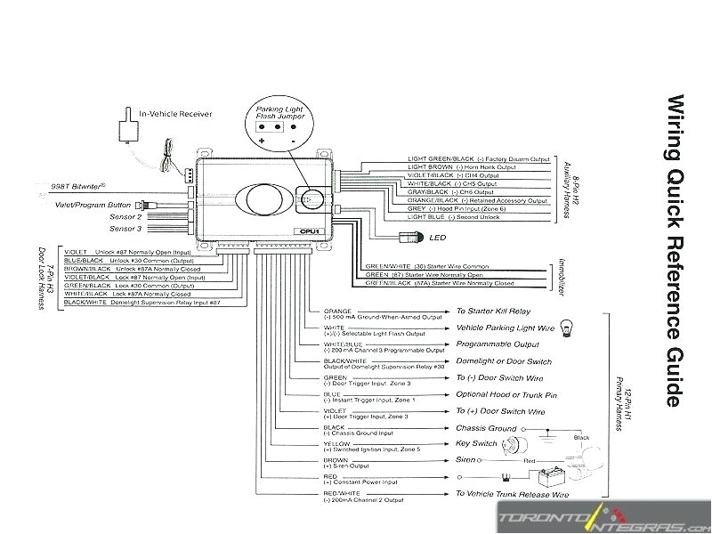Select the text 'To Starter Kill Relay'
493,311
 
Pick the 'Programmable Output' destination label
497,344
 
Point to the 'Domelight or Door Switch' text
503,361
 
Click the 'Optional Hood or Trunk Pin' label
506,394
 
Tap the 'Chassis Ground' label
486,428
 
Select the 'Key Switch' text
476,443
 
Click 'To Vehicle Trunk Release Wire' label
512,493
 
